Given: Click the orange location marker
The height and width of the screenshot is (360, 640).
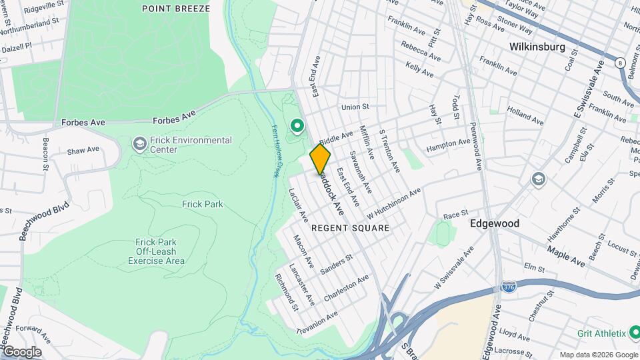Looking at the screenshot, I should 320,159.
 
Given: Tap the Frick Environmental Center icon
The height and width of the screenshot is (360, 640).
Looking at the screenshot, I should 139,144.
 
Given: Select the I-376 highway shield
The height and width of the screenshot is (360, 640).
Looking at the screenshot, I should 508,287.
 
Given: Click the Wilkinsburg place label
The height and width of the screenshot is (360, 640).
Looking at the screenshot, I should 537,47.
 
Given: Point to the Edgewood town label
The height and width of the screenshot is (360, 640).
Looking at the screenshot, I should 495,224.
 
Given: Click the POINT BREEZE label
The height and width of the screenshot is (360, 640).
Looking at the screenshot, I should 176,9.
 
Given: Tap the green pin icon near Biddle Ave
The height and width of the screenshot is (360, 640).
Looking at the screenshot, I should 297,125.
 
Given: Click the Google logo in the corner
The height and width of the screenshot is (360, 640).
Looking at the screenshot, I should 21,351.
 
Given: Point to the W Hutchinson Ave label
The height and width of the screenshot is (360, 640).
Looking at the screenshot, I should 393,204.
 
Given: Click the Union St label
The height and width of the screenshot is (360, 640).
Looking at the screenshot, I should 355,107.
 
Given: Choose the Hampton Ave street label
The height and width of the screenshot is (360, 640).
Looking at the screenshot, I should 447,143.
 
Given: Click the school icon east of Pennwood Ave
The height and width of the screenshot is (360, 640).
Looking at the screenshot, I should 537,179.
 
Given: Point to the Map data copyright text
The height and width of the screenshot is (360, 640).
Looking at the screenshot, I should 597,355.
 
